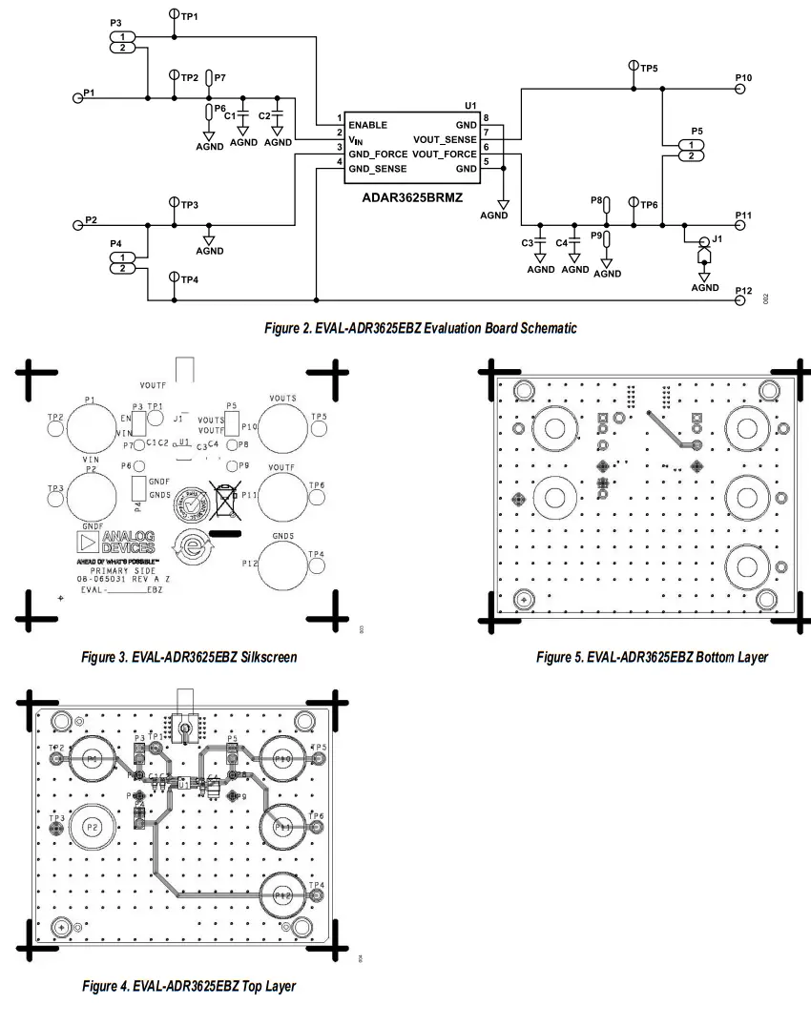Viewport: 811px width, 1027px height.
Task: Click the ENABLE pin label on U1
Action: (368, 125)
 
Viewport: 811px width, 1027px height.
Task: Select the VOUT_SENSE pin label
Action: (445, 139)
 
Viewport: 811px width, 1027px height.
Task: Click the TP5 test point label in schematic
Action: (649, 69)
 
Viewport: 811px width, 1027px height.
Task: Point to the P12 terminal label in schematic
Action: (743, 290)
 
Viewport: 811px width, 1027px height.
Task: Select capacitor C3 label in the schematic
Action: (527, 243)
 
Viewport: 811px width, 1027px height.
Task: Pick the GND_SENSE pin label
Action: (378, 169)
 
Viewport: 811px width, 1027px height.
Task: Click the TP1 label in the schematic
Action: (189, 17)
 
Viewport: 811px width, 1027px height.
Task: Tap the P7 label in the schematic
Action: (220, 77)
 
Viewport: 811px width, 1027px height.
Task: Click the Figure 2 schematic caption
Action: (420, 328)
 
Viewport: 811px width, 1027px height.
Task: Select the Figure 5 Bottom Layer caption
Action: (652, 657)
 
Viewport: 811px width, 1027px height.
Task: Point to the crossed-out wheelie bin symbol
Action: (224, 500)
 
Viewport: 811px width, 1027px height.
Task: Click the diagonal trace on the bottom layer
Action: (672, 430)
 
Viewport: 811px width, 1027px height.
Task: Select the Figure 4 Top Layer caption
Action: (189, 985)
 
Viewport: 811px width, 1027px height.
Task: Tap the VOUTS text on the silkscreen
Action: (282, 398)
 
